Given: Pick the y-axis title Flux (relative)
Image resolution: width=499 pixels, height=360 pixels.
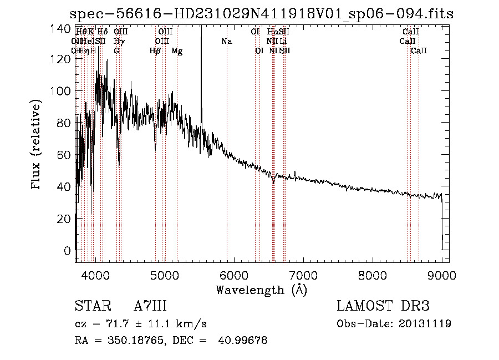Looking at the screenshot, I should [37, 145].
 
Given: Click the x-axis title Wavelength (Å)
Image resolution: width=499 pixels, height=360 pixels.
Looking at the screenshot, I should [261, 290].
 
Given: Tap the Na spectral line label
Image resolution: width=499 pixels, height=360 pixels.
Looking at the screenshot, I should [226, 42].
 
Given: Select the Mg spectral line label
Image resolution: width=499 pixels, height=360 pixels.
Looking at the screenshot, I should [177, 51].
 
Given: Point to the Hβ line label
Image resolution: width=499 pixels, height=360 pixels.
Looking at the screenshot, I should [155, 51].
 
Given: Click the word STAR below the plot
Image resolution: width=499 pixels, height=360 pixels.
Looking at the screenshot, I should [89, 306].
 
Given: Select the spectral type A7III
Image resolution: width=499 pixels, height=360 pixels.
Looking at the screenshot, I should [150, 306].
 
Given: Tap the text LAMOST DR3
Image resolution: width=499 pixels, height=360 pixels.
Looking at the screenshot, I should [383, 306].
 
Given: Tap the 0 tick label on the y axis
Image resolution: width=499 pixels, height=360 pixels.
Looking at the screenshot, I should [67, 251].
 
